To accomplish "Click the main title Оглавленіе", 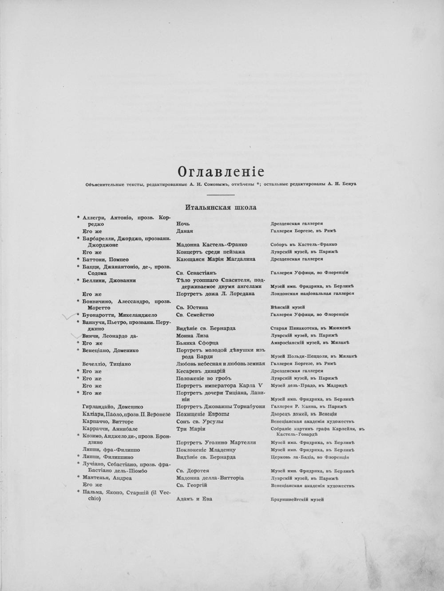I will (221, 171).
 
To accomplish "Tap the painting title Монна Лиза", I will (192, 336).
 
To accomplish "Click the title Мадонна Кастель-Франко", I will (212, 245).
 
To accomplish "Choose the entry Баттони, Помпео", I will (105, 259).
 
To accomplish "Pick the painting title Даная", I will (185, 231).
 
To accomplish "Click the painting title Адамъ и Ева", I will (194, 499).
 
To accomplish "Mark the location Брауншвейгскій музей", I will (297, 499).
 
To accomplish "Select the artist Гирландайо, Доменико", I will (113, 406).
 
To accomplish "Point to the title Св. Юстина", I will (192, 307).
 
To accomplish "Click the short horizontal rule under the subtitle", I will (221, 194).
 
